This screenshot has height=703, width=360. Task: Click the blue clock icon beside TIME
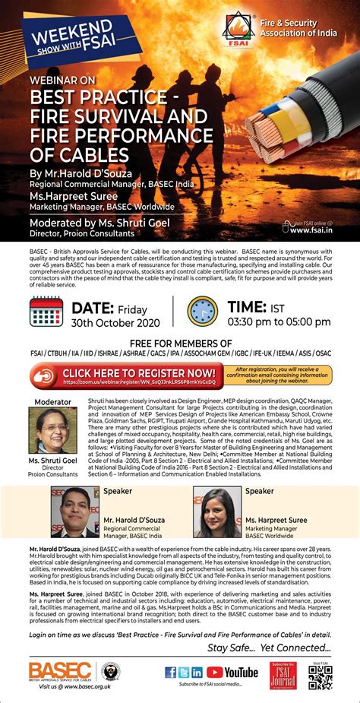[203, 312]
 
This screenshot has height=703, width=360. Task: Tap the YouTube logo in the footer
[232, 672]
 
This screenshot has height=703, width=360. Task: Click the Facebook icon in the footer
[171, 672]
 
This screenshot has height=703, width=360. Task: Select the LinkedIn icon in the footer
[197, 672]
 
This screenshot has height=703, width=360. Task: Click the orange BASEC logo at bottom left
[60, 671]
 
